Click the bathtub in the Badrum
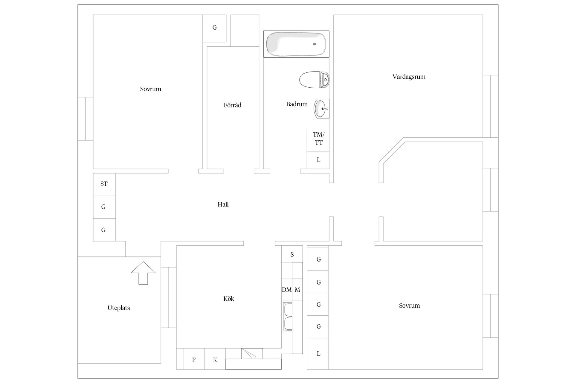pos(296,44)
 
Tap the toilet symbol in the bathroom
pos(314,80)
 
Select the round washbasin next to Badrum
pos(321,109)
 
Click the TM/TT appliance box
pos(318,140)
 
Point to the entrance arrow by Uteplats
pos(143,273)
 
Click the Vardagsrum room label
pos(409,77)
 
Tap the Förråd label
pos(232,105)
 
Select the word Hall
pos(223,204)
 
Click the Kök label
pos(229,299)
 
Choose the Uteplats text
pos(119,308)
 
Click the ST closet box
pos(104,185)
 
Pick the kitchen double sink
pos(288,317)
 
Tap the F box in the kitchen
pos(194,359)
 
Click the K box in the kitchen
pos(215,359)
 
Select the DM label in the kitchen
pos(287,290)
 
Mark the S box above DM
pos(292,254)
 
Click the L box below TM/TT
pos(318,160)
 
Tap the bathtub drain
pos(315,44)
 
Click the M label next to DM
pos(297,290)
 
